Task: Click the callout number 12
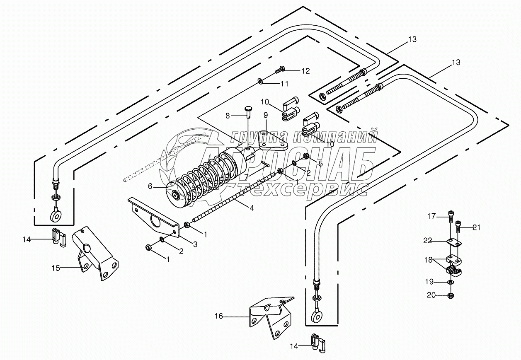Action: (x=305, y=71)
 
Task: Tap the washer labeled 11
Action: (x=259, y=81)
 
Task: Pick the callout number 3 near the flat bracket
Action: (x=195, y=244)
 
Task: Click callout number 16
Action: (x=218, y=317)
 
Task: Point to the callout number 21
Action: (x=476, y=227)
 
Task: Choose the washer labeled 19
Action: (x=451, y=282)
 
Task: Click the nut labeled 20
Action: (x=451, y=295)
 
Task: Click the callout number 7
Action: (x=246, y=176)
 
